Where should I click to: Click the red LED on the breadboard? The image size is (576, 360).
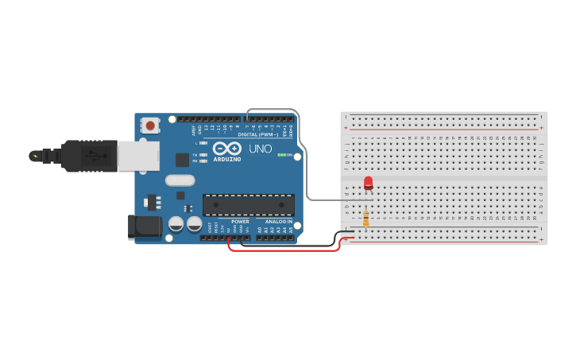pos(368,183)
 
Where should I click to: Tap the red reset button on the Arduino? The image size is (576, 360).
pos(149,125)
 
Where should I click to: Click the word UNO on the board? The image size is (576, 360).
pos(261,149)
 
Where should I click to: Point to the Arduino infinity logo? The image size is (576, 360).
pos(226,149)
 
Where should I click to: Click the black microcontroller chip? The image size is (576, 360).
pos(248,205)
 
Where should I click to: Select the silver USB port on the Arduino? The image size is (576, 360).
pos(138,156)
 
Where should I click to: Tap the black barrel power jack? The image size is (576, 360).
pos(145,226)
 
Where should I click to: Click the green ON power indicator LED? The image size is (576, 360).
pos(281,154)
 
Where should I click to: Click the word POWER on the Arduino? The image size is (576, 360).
pos(240,222)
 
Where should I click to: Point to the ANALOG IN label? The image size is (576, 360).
pos(278,222)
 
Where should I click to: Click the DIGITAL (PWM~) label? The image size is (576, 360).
pos(258,134)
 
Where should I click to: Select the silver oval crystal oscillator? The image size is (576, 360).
pos(180,180)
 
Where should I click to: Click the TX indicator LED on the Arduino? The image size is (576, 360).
pos(204,155)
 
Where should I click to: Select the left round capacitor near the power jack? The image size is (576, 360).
pos(176,224)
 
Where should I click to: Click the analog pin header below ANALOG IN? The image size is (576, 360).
pos(275,237)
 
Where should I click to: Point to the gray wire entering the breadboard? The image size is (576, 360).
pos(334,199)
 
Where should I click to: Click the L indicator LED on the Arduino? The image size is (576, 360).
pos(204,143)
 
